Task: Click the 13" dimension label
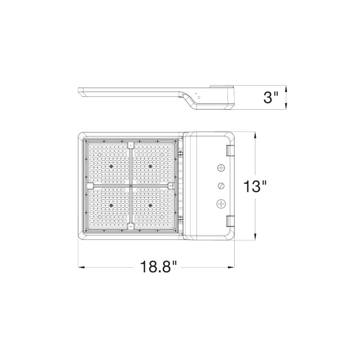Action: (x=256, y=186)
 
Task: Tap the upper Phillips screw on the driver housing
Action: (x=221, y=169)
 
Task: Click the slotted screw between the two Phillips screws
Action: (x=221, y=186)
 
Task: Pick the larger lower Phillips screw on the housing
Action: (x=221, y=204)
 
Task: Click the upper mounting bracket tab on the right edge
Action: (x=230, y=151)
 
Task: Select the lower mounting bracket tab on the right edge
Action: (x=230, y=220)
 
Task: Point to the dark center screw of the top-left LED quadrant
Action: (x=111, y=166)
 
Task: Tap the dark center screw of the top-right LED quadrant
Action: (x=150, y=166)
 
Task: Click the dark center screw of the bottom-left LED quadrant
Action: (x=111, y=205)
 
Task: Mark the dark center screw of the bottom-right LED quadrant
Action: (x=150, y=205)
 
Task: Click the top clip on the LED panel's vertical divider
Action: (x=131, y=145)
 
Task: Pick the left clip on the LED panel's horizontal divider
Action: (x=90, y=186)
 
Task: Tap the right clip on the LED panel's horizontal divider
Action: (x=172, y=186)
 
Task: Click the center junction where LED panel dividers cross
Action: (x=131, y=186)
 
